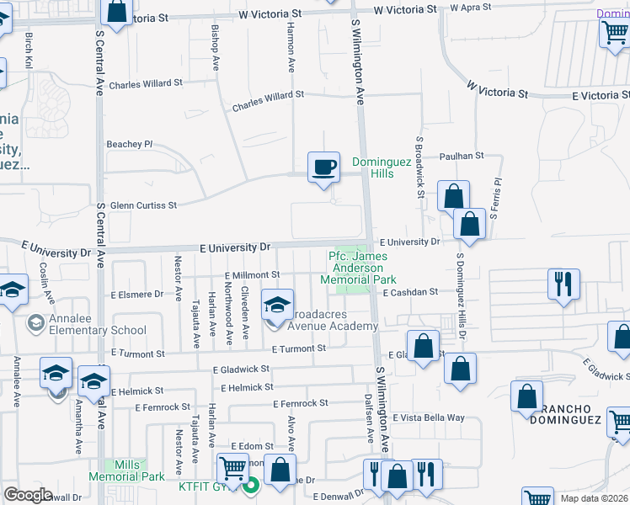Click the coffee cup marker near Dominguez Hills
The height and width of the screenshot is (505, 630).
tap(323, 167)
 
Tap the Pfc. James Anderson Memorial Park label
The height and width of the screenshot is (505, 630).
tap(360, 268)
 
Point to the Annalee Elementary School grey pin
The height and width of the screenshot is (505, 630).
tap(35, 323)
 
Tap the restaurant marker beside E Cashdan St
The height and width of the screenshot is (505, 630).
tap(562, 284)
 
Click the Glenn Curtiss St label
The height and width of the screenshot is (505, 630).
tap(143, 205)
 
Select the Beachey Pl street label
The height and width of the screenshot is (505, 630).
tap(130, 145)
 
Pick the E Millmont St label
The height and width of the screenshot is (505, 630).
tap(252, 275)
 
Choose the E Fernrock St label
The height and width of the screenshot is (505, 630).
tap(300, 404)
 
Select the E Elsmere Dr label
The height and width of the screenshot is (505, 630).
tap(136, 295)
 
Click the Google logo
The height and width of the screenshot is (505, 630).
tap(28, 495)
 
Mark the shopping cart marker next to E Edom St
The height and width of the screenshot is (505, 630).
tap(232, 467)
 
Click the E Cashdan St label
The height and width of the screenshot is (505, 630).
tap(410, 293)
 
